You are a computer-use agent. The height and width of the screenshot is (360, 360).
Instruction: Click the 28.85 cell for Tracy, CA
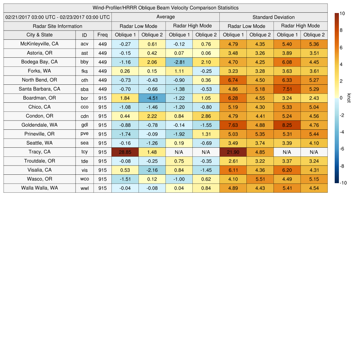click(x=125, y=152)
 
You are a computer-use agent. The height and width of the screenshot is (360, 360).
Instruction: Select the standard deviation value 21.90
click(x=233, y=152)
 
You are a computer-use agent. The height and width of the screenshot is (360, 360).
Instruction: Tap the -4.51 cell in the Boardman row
click(x=152, y=98)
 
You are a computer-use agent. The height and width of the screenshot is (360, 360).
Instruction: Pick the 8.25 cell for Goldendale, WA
click(x=287, y=125)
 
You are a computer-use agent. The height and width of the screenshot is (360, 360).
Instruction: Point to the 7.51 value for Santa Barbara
click(x=287, y=89)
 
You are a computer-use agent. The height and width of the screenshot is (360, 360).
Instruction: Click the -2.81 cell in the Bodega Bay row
click(x=179, y=62)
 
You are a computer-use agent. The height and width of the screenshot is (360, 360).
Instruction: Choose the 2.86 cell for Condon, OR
click(x=206, y=116)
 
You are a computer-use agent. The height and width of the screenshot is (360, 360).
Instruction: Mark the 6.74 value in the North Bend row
click(x=233, y=80)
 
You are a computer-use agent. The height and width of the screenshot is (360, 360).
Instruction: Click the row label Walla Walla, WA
click(x=39, y=188)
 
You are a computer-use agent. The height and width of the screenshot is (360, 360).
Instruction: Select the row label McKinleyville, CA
click(x=39, y=44)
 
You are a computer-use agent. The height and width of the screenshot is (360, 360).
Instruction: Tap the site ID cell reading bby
click(x=84, y=62)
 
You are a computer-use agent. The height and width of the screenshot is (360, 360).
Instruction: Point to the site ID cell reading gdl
click(x=84, y=125)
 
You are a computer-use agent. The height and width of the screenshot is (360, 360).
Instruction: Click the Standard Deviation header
click(x=273, y=17)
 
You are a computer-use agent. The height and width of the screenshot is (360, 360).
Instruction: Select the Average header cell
click(x=165, y=17)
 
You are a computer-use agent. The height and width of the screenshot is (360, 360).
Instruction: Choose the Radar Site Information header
click(x=57, y=26)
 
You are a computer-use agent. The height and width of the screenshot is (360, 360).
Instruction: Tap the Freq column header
click(x=102, y=35)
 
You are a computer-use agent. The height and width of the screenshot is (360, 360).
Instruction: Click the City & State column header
click(x=39, y=35)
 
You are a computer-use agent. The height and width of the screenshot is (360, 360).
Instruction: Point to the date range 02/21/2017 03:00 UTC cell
click(x=58, y=17)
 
